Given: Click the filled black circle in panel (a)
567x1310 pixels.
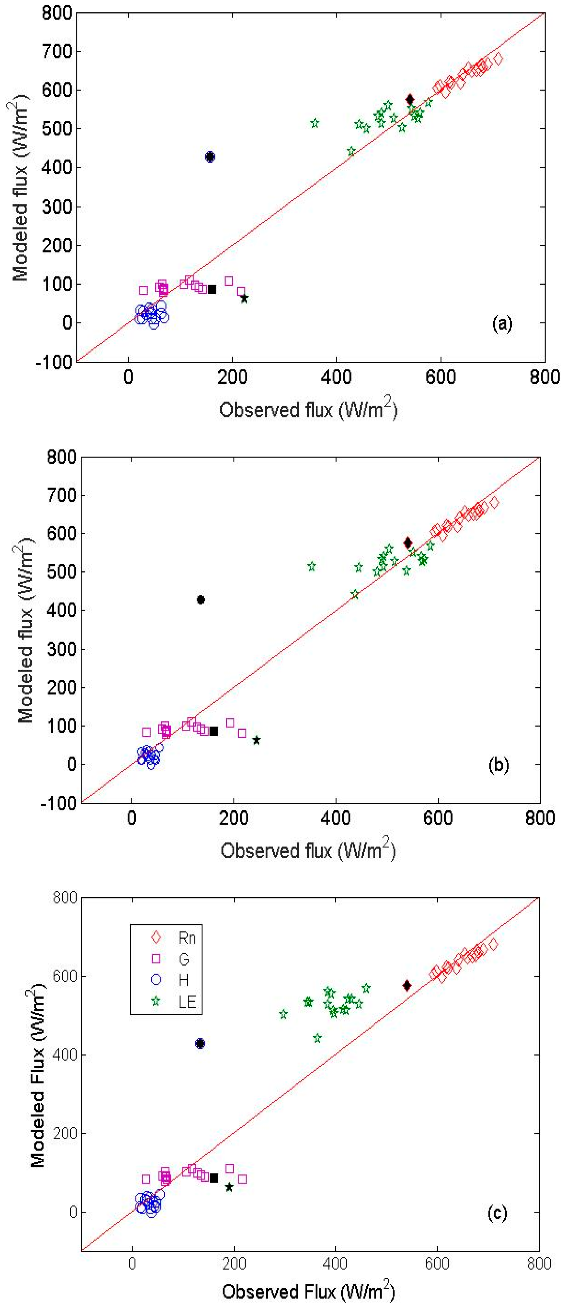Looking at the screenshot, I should [210, 157].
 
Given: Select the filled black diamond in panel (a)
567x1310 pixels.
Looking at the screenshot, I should [410, 100].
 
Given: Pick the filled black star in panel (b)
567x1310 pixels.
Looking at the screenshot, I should [256, 740].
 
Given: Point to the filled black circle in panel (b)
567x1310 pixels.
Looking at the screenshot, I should [201, 600].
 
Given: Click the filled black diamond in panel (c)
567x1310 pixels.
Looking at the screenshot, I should [407, 986].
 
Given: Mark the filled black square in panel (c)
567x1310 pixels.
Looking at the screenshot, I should [214, 1178].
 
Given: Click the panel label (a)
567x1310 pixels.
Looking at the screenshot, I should [502, 323].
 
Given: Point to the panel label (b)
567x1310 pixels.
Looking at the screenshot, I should [498, 765].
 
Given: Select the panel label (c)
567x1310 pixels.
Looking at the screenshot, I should [497, 1213].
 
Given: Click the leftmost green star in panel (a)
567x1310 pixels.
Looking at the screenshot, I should [315, 123].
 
